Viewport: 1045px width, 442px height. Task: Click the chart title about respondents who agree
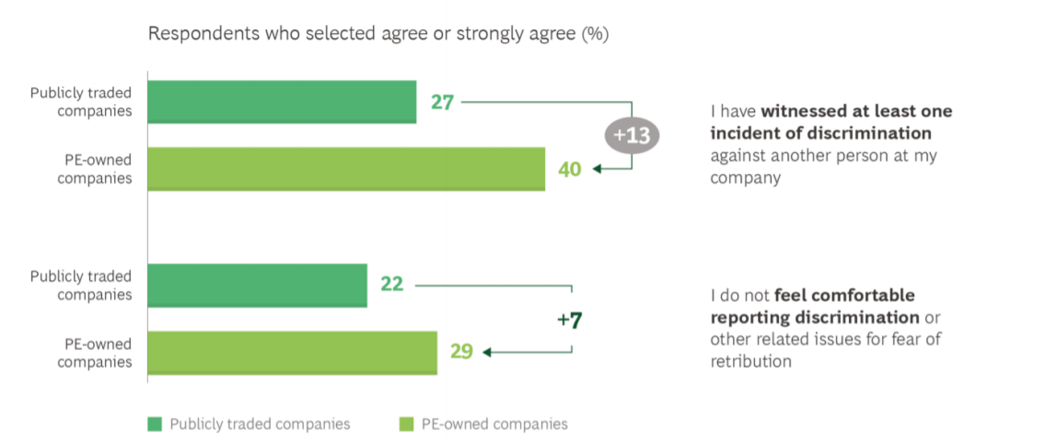378,34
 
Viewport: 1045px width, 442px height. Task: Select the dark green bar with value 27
281,101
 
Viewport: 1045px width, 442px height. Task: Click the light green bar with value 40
345,169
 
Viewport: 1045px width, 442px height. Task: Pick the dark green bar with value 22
257,285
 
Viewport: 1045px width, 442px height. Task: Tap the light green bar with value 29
292,352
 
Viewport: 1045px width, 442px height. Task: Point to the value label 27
443,102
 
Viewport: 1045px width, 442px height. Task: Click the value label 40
570,169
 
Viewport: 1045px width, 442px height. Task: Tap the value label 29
461,352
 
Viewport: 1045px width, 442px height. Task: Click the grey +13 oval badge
632,135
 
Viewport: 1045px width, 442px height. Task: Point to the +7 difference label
570,320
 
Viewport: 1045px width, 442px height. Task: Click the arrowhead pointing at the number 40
597,169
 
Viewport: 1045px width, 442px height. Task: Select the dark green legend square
155,424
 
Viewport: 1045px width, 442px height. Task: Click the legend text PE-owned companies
494,425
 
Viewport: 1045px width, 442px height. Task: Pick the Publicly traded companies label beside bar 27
81,102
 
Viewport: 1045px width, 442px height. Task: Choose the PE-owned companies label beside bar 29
94,353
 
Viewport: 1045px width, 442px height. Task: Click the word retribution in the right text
750,361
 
